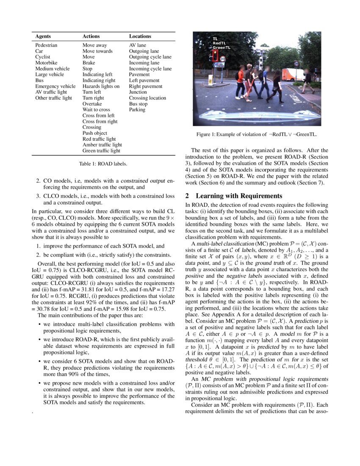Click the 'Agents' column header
pyautogui.click(x=43, y=37)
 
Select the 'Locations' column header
pyautogui.click(x=140, y=37)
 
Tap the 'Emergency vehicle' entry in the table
pyautogui.click(x=55, y=86)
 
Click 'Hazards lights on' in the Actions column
pyautogui.click(x=101, y=86)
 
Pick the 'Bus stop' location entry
pyautogui.click(x=138, y=104)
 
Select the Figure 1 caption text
pyautogui.click(x=257, y=135)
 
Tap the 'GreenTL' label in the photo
pyautogui.click(x=222, y=47)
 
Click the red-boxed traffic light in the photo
pyautogui.click(x=215, y=55)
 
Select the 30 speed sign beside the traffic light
pyautogui.click(x=223, y=59)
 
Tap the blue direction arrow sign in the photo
pyautogui.click(x=219, y=65)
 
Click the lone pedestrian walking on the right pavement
pyautogui.click(x=307, y=80)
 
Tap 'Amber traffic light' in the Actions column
pyautogui.click(x=102, y=144)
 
